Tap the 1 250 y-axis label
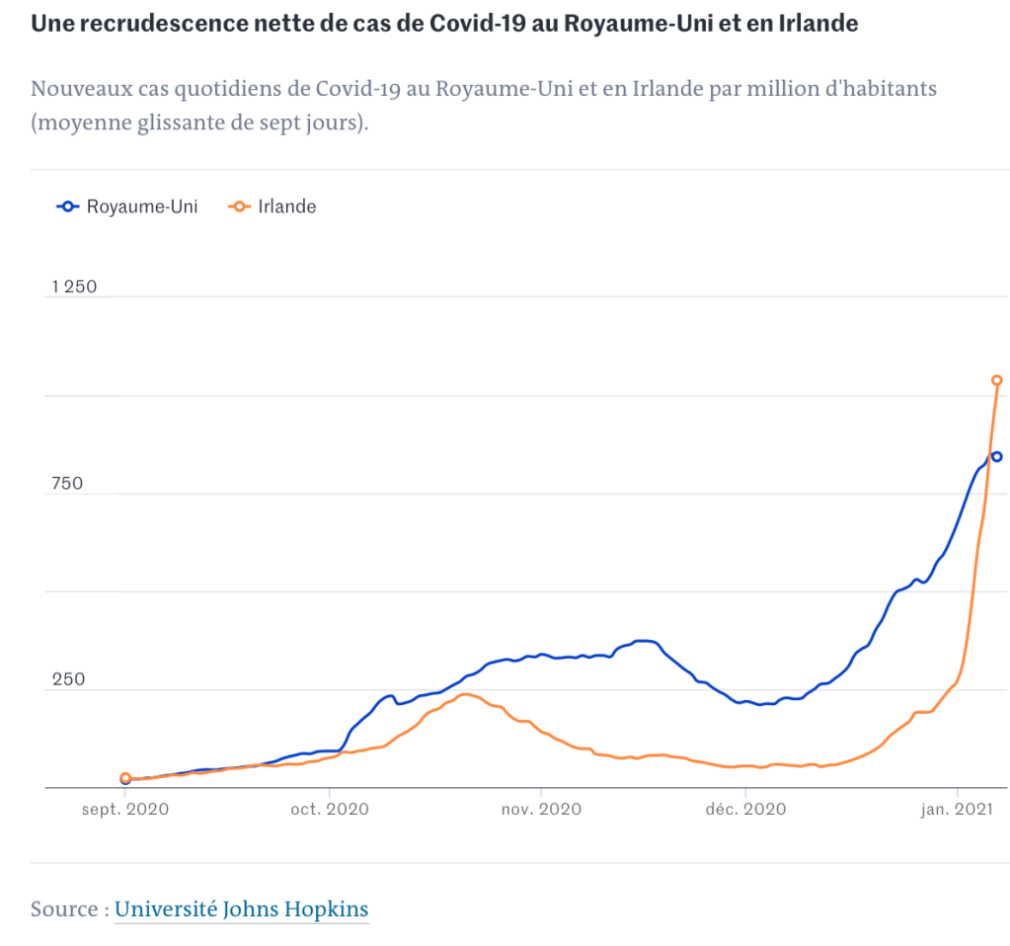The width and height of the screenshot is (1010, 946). coord(74,286)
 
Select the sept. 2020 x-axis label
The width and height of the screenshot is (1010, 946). coord(125,809)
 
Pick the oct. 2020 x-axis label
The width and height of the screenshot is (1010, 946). coord(329,809)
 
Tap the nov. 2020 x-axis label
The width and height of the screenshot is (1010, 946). coord(541,809)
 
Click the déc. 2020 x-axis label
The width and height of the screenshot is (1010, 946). coord(745,809)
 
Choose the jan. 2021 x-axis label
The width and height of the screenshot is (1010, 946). coord(957,809)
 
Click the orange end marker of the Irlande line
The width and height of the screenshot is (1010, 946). coord(997,380)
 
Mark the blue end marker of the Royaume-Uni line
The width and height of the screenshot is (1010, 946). coord(997,456)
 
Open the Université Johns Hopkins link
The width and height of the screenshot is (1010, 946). coord(242,908)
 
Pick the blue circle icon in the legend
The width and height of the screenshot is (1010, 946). coord(68,206)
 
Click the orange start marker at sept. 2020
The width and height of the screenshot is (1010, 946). coord(125,778)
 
